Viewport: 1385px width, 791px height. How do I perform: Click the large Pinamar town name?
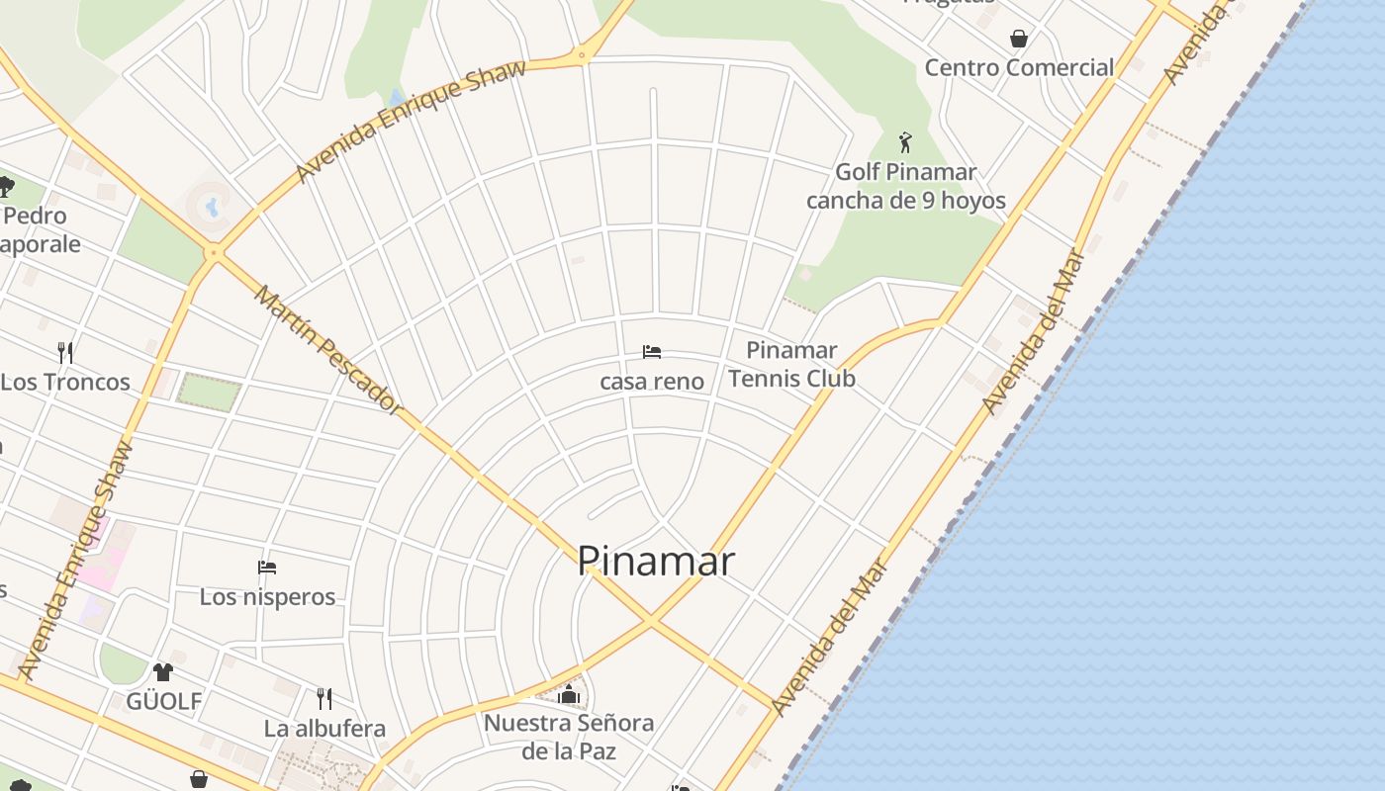[655, 562]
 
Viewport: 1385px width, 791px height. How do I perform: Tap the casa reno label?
[652, 382]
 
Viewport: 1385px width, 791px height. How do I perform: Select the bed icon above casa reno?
[652, 352]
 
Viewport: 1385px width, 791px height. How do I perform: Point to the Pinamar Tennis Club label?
[791, 364]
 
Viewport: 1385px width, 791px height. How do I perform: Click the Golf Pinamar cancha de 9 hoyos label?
[905, 186]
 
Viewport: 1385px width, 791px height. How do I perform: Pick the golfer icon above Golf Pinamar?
[904, 142]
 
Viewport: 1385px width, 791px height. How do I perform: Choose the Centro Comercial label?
[1019, 68]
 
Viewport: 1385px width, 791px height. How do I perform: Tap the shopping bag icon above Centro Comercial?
[1018, 39]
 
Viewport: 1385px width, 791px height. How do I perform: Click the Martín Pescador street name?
[327, 349]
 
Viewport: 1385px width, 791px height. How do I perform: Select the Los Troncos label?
[65, 383]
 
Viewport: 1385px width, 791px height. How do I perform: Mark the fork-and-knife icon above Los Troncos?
[65, 352]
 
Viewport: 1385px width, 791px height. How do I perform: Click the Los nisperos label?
[267, 597]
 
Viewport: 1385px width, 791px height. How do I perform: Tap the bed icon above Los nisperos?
[267, 568]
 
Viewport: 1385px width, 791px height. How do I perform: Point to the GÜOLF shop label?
[163, 702]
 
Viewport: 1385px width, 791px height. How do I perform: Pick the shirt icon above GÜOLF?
[163, 672]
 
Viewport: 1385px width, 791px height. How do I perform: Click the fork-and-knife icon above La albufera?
[324, 699]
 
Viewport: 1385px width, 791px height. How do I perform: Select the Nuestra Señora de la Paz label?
[569, 737]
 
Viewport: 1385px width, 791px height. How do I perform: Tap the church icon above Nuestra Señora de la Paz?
[568, 695]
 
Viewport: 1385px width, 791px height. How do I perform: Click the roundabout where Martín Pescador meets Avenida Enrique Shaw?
[214, 253]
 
